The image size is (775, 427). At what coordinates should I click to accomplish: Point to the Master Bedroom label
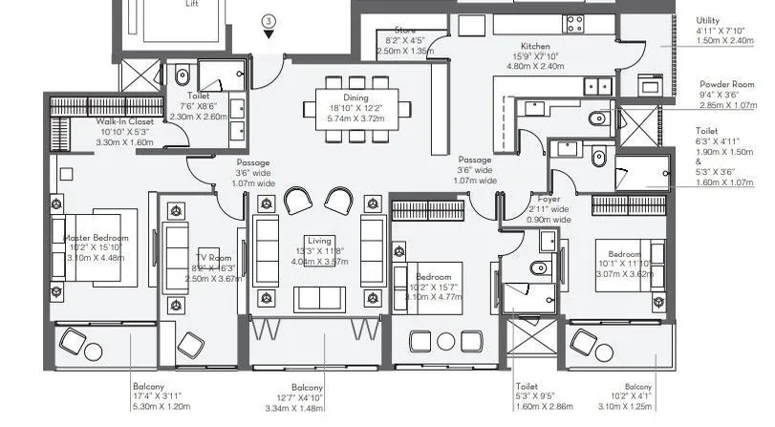96,237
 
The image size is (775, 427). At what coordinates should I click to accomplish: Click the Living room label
319,240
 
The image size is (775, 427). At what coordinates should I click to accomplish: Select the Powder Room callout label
726,84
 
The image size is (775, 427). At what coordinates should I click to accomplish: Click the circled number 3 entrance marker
269,20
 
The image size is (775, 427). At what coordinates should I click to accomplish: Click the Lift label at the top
192,4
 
